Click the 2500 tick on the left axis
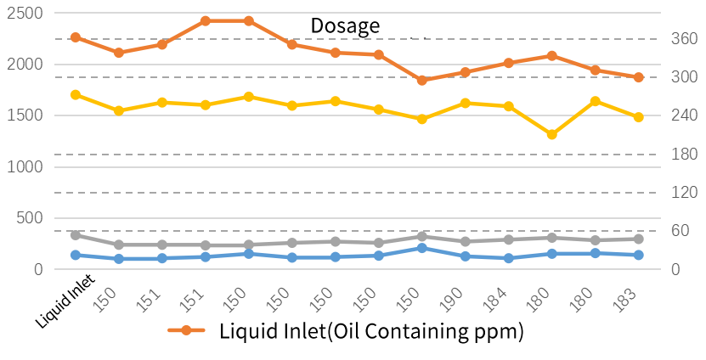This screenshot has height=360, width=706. [x=26, y=14]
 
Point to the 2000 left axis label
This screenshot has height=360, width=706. [x=26, y=65]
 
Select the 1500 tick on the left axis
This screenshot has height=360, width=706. [x=26, y=115]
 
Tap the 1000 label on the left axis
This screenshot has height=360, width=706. [x=26, y=167]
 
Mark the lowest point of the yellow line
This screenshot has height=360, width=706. [x=552, y=135]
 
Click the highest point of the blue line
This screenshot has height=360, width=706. [x=422, y=248]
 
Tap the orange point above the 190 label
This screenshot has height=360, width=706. [x=466, y=72]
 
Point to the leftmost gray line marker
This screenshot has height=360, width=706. [x=76, y=234]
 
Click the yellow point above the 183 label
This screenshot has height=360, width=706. [x=639, y=116]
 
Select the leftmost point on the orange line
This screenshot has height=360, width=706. [x=76, y=37]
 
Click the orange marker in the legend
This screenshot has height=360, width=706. [x=186, y=330]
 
